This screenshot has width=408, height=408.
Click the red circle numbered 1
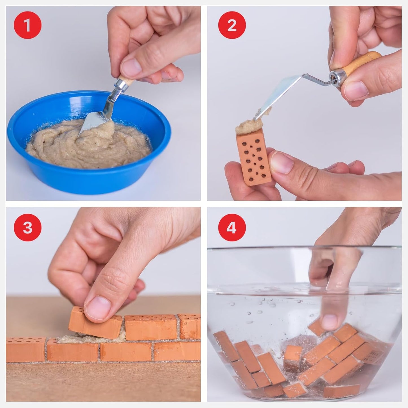click(27, 25)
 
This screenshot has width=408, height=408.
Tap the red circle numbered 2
click(232, 25)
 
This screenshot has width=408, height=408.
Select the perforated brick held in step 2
click(254, 158)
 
